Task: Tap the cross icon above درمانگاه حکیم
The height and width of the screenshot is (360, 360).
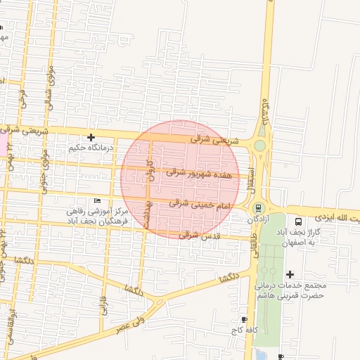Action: point(91,137)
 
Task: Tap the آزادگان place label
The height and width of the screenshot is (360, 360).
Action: point(259,219)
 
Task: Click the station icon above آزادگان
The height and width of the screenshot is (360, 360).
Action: point(258,208)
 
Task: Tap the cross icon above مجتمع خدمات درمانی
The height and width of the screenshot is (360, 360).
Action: point(290,274)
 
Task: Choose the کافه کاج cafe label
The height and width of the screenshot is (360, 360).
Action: point(244,329)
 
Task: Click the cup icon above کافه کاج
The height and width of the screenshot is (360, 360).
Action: point(244,319)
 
